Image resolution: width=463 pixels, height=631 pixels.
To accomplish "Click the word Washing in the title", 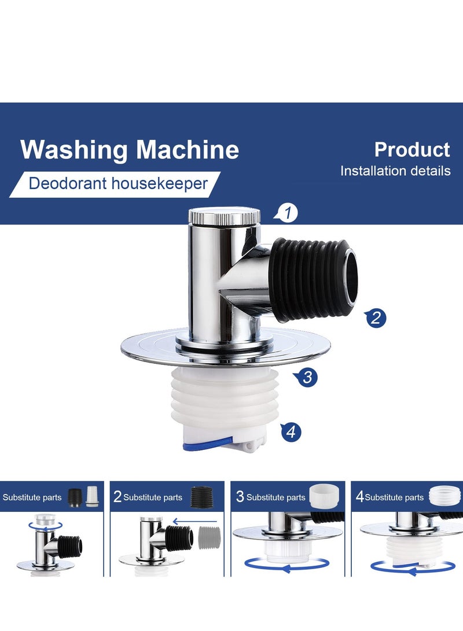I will click(72, 150).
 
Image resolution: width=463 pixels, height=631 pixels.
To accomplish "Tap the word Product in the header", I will click(411, 149).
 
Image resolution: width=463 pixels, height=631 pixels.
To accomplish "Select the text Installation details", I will click(395, 171).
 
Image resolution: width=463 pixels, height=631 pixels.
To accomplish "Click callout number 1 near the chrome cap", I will click(288, 213).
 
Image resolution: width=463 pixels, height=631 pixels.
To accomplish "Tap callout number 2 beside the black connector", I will click(376, 318).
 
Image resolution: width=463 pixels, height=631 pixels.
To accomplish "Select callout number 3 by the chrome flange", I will click(307, 378).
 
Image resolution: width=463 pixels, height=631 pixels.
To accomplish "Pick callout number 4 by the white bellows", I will click(291, 431).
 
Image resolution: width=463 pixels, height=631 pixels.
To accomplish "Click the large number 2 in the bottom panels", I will click(117, 497).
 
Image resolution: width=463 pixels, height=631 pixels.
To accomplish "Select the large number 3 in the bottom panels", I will click(240, 497).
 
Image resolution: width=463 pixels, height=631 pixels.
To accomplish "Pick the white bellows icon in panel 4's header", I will click(446, 496).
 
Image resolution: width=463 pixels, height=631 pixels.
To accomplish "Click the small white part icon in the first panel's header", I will click(91, 497).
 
